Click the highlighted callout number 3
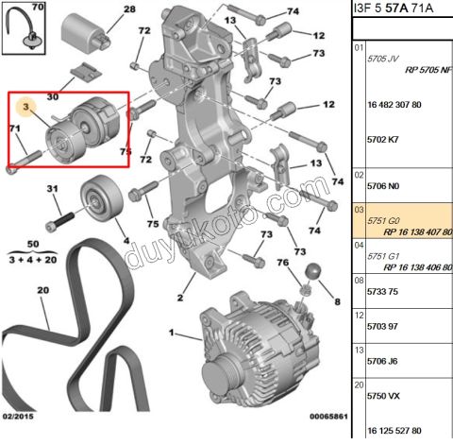coord(25,107)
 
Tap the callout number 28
coord(129,9)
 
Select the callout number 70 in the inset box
coord(38,7)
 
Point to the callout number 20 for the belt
coord(43,290)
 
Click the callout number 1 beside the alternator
coord(172,333)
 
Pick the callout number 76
coord(283,262)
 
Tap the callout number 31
coord(52,188)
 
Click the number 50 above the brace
coord(33,244)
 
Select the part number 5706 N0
coord(383,186)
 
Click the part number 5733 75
coord(382,292)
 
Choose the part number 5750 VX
coord(383,396)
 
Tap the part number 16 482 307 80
coord(394,105)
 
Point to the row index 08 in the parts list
coord(359,281)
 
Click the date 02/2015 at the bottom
coord(18,416)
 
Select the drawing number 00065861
coord(328,417)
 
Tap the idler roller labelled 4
coord(101,197)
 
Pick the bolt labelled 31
coord(59,222)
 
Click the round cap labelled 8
coord(313,271)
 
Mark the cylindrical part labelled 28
coord(86,32)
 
